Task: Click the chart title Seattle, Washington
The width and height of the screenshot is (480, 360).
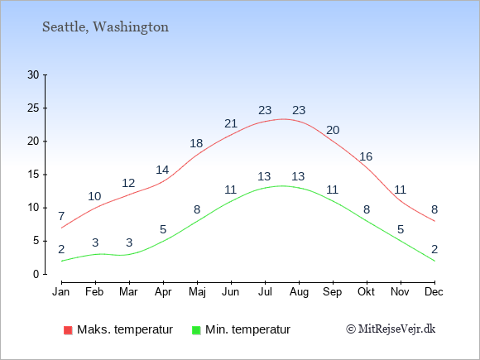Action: [x=105, y=27]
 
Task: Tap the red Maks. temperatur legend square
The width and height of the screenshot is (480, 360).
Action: [x=68, y=330]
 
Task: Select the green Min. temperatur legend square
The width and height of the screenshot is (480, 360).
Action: [x=196, y=330]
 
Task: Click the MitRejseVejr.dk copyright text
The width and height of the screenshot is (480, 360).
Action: [x=391, y=329]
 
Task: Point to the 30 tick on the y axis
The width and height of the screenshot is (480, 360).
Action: [x=33, y=74]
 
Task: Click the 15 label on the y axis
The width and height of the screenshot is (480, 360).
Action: [x=33, y=175]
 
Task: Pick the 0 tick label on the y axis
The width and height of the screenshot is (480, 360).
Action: [x=36, y=274]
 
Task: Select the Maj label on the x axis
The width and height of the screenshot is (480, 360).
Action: [x=197, y=292]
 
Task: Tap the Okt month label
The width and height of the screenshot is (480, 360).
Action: [x=366, y=292]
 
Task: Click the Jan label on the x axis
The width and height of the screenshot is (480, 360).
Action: [x=61, y=292]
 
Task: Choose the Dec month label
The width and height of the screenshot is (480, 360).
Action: [x=434, y=292]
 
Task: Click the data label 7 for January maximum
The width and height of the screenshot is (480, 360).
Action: [x=61, y=216]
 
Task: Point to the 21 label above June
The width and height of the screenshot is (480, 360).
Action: [x=231, y=123]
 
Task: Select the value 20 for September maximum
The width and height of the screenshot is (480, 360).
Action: [x=333, y=131]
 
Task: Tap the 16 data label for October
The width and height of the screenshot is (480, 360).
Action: [x=366, y=156]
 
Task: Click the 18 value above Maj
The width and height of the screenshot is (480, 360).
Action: [x=196, y=143]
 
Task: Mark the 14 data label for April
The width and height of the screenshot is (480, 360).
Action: [x=162, y=170]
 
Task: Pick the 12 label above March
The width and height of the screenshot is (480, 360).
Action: [x=128, y=183]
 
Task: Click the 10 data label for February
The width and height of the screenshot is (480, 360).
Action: [x=94, y=196]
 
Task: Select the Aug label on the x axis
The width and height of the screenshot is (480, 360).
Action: [x=299, y=292]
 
